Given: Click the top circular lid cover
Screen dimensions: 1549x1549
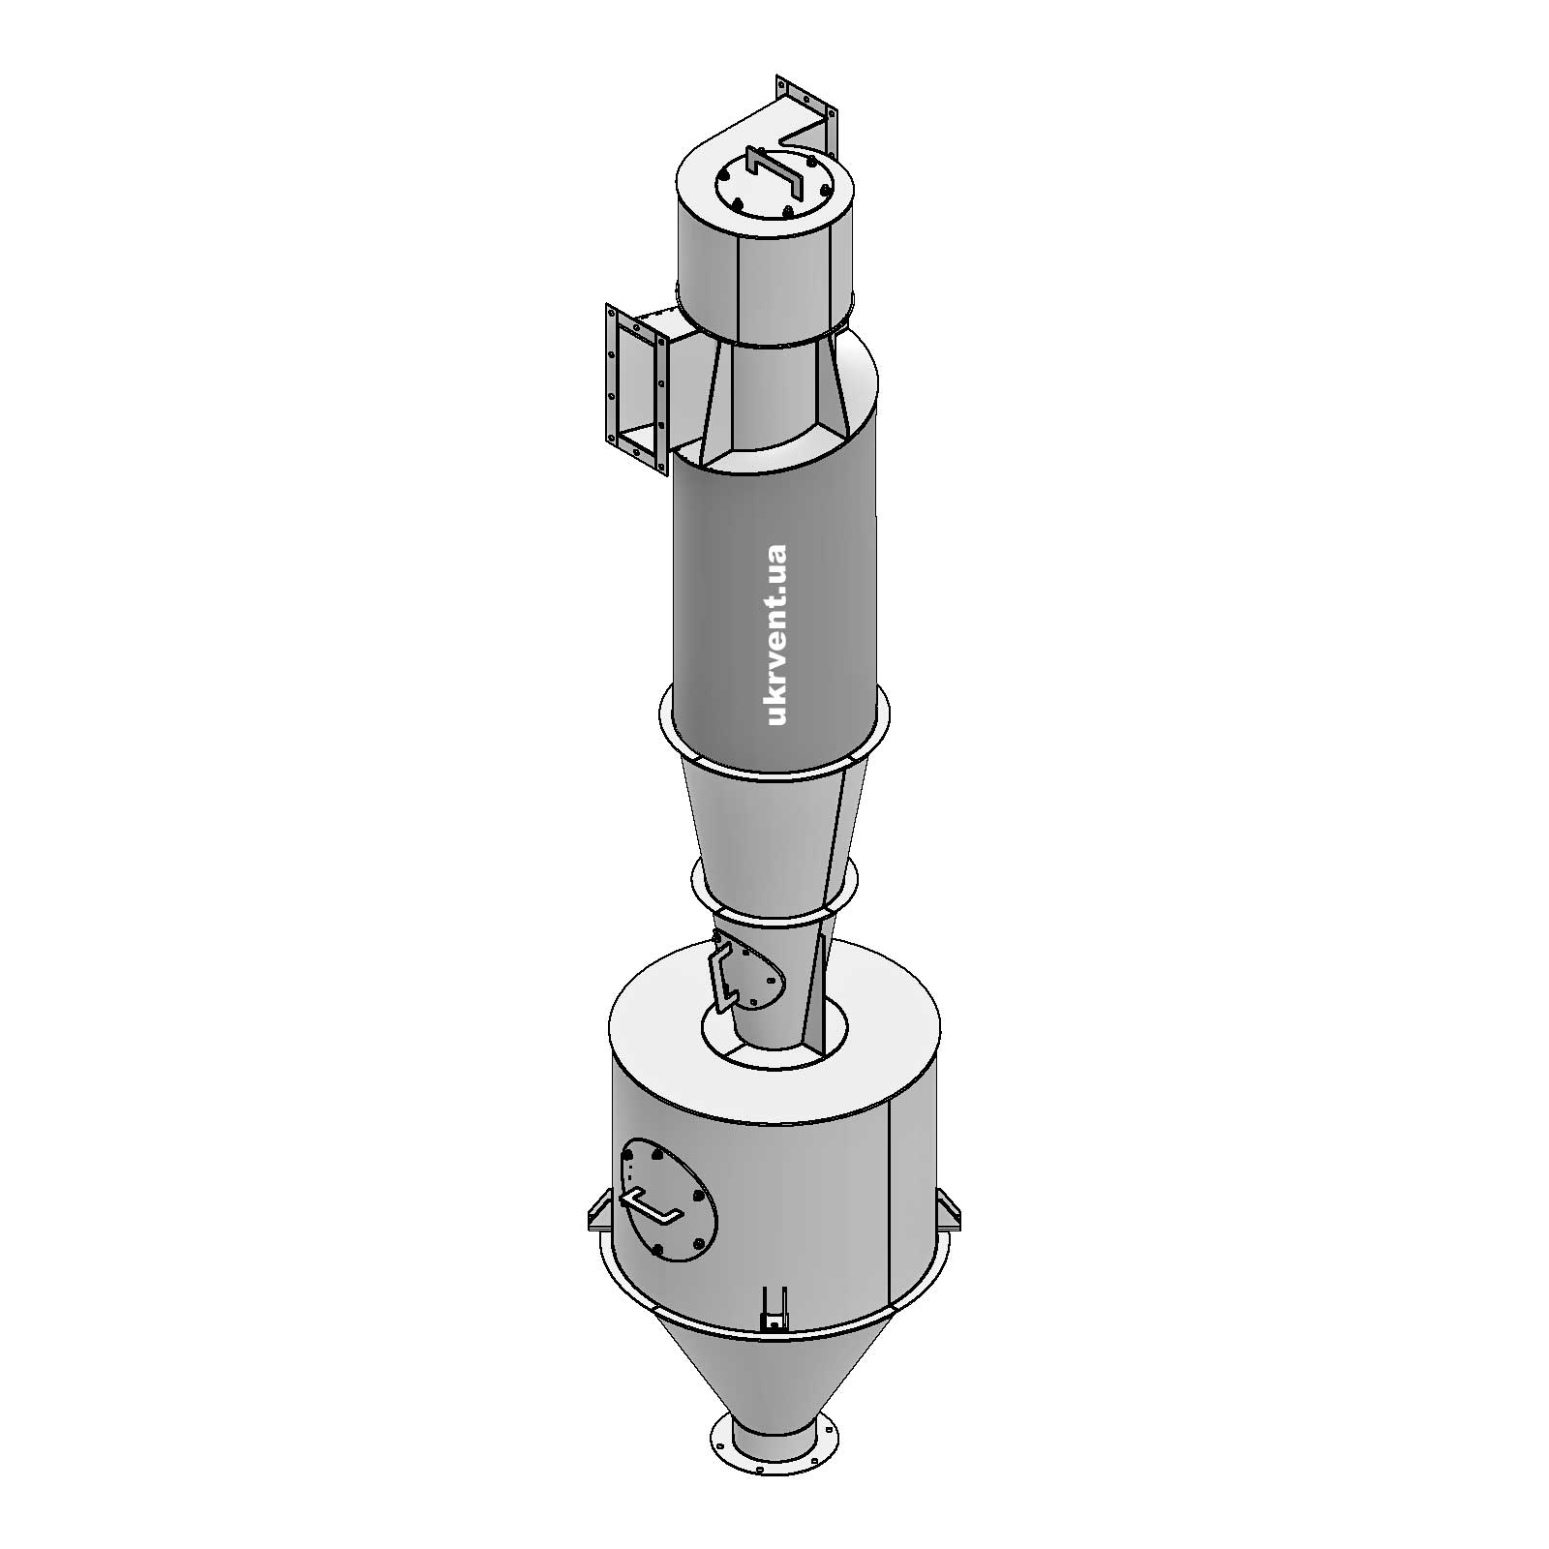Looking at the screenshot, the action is [771, 192].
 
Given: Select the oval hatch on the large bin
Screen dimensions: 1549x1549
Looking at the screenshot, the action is [669, 1200].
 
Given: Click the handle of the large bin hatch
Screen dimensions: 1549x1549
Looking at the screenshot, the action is [649, 1206].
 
